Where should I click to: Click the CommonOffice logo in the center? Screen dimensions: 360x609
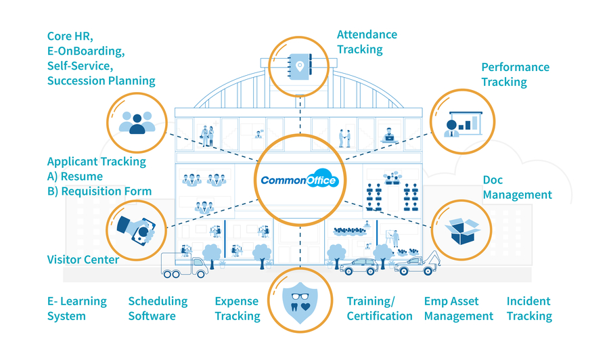click(299, 181)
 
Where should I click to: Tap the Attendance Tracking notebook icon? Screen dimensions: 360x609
click(299, 66)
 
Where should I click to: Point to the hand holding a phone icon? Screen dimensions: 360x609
click(137, 230)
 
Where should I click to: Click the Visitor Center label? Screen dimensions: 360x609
click(83, 259)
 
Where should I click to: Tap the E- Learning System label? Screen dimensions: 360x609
click(76, 309)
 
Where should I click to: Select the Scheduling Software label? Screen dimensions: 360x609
click(158, 309)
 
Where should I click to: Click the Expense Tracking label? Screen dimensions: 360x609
click(238, 309)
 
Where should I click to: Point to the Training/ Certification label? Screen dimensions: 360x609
click(380, 309)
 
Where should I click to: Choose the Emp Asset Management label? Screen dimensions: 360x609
click(458, 309)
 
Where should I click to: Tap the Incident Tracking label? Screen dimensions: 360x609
click(529, 309)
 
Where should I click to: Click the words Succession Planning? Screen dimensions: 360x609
click(101, 81)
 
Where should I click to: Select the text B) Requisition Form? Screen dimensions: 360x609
click(99, 192)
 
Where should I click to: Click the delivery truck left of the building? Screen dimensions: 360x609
click(184, 265)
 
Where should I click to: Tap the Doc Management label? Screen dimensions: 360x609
click(517, 188)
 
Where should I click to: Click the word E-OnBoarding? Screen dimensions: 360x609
click(86, 51)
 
